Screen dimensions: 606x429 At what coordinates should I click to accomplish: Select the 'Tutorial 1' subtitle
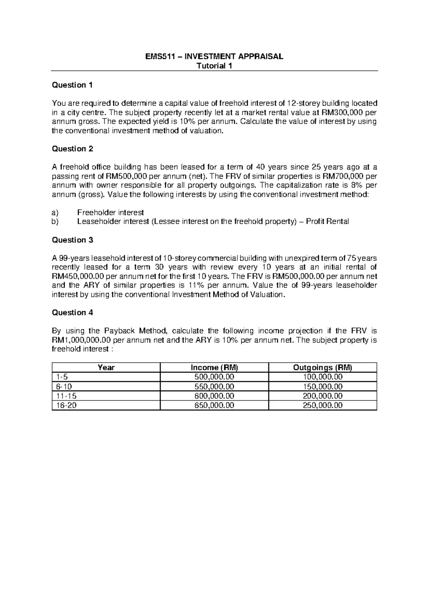pyautogui.click(x=214, y=66)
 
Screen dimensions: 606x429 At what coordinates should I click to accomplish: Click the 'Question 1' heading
pyautogui.click(x=72, y=85)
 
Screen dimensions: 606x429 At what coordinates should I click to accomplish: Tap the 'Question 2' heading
pyautogui.click(x=73, y=149)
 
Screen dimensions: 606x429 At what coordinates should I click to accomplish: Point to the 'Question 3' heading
pyautogui.click(x=73, y=240)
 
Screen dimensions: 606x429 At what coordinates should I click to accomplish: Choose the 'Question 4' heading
pyautogui.click(x=73, y=313)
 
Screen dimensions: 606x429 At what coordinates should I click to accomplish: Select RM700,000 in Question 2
pyautogui.click(x=344, y=176)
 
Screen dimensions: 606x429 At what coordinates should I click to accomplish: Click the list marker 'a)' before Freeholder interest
pyautogui.click(x=55, y=213)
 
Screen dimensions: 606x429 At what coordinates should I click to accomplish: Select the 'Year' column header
pyautogui.click(x=106, y=368)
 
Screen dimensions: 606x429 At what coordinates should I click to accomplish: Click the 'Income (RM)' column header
pyautogui.click(x=214, y=368)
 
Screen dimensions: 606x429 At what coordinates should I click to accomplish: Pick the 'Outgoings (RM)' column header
pyautogui.click(x=322, y=368)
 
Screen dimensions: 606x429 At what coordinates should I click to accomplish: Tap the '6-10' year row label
pyautogui.click(x=64, y=387)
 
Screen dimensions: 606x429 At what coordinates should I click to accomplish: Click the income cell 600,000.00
pyautogui.click(x=214, y=396)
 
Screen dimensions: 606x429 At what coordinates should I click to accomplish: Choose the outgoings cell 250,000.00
pyautogui.click(x=322, y=405)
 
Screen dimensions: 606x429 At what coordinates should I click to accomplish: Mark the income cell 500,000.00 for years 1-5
pyautogui.click(x=214, y=377)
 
